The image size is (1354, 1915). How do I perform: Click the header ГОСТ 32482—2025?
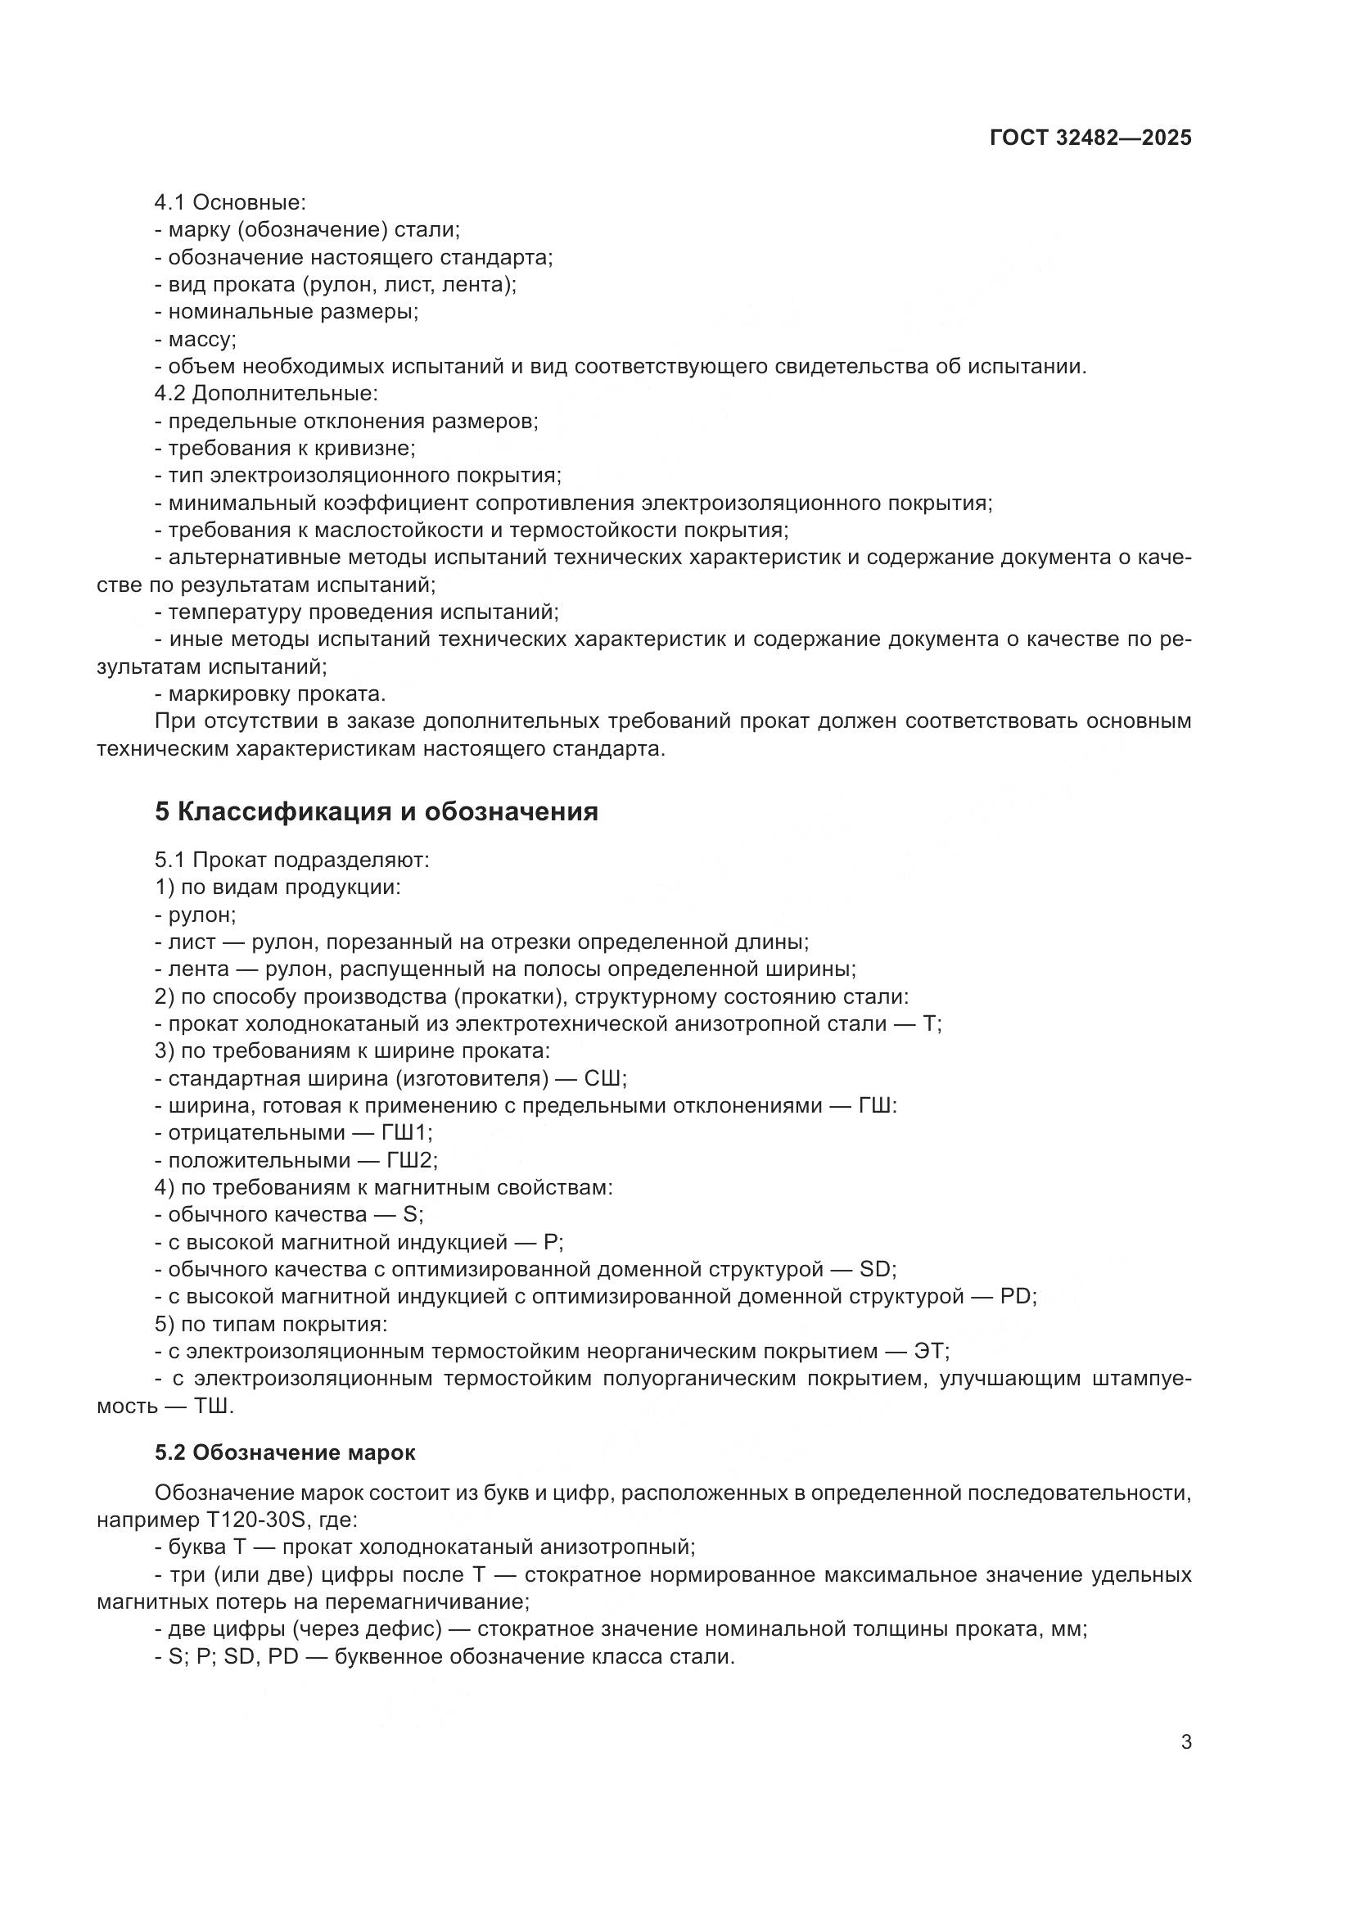pos(1090,138)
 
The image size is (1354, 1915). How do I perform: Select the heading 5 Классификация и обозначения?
pos(376,811)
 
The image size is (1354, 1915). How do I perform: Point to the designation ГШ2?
pos(410,1160)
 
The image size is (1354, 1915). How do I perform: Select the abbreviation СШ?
pos(602,1078)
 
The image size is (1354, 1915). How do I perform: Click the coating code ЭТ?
pos(930,1350)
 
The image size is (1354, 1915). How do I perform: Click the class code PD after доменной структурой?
pos(1015,1296)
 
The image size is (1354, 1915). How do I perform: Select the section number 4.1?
pos(170,203)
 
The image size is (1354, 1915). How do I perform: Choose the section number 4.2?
pos(170,394)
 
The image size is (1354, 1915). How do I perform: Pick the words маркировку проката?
pos(276,694)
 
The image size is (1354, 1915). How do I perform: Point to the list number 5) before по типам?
pos(164,1324)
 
